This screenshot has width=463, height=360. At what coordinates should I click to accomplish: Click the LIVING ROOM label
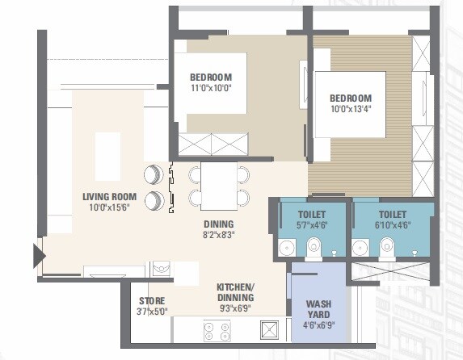click(x=112, y=196)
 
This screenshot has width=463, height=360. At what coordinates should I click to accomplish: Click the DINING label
click(x=218, y=224)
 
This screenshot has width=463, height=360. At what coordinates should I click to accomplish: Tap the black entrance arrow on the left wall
click(x=38, y=256)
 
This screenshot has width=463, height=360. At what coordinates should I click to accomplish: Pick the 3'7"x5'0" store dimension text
click(x=152, y=312)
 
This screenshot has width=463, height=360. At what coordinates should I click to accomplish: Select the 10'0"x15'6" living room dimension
click(x=112, y=207)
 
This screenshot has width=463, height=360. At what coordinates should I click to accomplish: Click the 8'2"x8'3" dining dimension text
click(x=218, y=236)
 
